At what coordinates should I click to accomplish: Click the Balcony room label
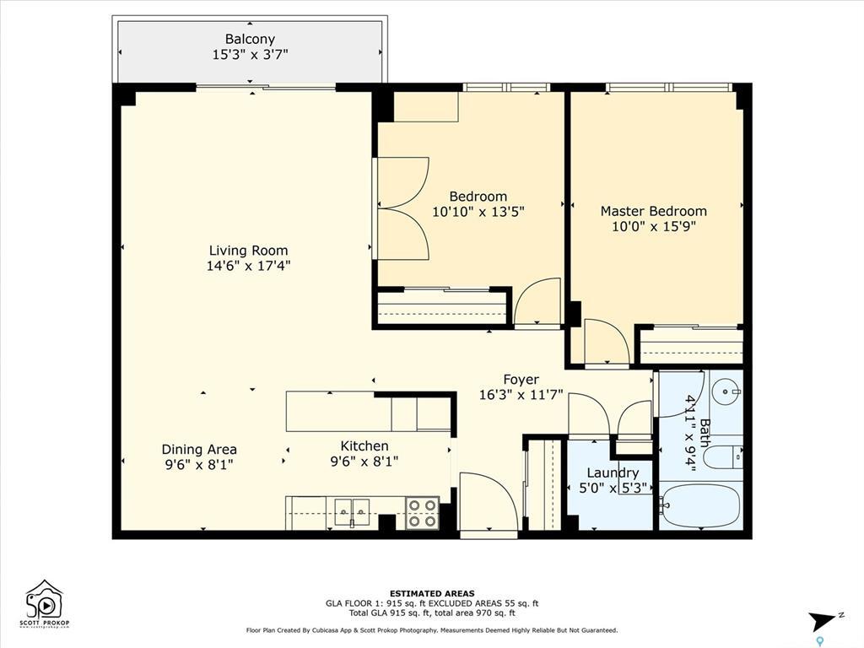(250, 40)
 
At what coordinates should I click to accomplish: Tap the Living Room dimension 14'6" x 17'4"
(249, 266)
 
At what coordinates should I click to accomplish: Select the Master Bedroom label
(653, 211)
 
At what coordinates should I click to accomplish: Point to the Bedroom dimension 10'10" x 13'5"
(478, 213)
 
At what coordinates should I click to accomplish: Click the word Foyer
(521, 380)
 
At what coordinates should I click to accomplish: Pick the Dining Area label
(199, 450)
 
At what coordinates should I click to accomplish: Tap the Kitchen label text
(364, 446)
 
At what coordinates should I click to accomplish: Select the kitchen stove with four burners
(422, 513)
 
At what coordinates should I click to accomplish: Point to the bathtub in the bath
(699, 505)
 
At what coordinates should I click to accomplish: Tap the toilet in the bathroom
(722, 457)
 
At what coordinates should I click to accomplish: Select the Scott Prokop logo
(46, 602)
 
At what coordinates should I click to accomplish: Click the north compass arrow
(823, 621)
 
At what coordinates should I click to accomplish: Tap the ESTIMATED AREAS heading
(432, 593)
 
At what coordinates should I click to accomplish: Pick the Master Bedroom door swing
(605, 343)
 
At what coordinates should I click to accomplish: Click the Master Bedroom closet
(690, 346)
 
